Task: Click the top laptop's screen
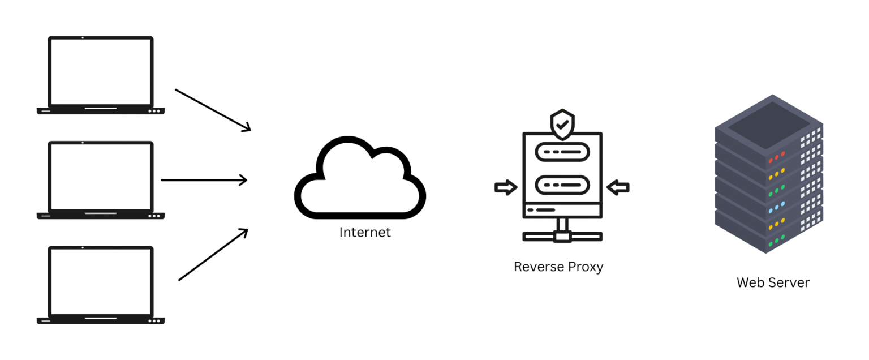point(101,72)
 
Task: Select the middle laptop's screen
point(101,177)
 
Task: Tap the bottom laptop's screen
point(101,281)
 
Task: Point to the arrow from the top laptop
point(213,110)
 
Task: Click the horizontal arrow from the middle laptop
point(204,181)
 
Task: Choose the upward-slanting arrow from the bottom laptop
point(213,254)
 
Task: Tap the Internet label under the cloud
point(365,232)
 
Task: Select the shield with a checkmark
point(562,125)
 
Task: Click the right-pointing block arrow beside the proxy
point(506,187)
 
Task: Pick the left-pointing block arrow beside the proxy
point(618,187)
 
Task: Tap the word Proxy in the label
point(586,267)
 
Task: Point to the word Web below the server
point(750,282)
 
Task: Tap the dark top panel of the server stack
point(763,122)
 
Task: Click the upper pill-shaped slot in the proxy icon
point(562,152)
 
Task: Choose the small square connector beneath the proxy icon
point(562,237)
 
